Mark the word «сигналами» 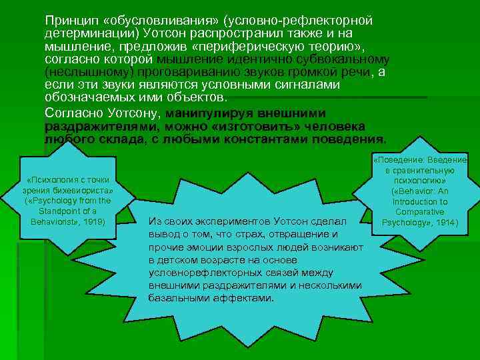pos(305,85)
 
